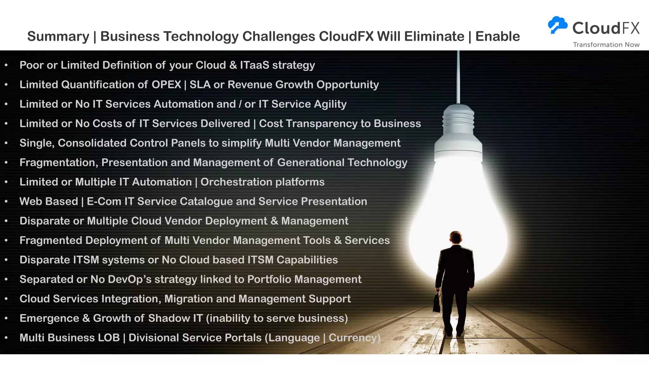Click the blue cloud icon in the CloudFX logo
(x=558, y=24)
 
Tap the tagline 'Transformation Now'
(x=606, y=45)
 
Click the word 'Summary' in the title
(x=58, y=37)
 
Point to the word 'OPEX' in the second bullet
(x=166, y=85)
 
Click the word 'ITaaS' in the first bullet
(x=254, y=65)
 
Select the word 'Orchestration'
(x=236, y=182)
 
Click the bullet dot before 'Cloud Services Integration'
(x=6, y=299)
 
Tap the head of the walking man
(x=456, y=237)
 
